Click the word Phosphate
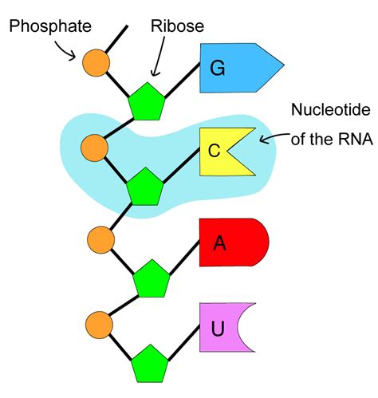50,27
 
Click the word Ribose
177,26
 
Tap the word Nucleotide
331,109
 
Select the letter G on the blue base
218,68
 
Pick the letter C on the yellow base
214,151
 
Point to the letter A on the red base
219,242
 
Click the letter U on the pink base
218,329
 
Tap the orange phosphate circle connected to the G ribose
96,63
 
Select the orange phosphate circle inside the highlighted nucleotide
95,148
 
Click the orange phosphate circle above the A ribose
101,240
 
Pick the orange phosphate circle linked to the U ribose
100,325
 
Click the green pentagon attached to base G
147,102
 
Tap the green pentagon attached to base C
145,187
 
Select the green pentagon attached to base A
152,279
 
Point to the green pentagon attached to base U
150,365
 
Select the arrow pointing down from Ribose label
159,57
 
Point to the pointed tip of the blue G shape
284,65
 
